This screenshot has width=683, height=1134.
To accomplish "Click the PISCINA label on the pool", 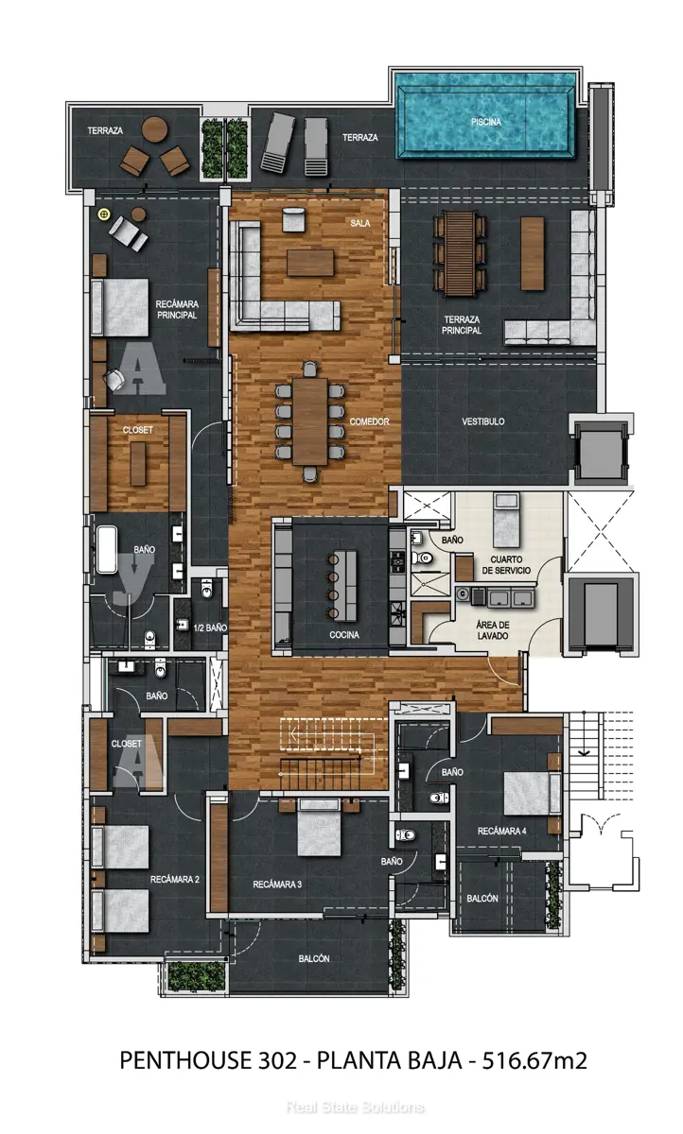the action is pos(485,122).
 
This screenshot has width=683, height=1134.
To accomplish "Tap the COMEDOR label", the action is pos(369,421).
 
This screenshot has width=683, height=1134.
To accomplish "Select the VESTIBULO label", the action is pos(482,421).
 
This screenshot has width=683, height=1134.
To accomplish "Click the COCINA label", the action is pos(344,635).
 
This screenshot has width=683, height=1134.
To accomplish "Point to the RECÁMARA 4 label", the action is pos(501,831).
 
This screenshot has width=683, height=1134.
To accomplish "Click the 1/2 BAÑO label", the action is pos(210,627).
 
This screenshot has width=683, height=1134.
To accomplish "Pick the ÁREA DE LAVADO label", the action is pos(493,630).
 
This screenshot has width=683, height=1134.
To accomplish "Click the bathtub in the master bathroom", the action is pos(107,550).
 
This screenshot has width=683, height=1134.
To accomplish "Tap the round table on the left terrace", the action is pos(154,129).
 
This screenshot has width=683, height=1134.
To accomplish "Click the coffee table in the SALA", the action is pos(310,263).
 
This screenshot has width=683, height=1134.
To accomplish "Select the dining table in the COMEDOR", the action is pos(310,421).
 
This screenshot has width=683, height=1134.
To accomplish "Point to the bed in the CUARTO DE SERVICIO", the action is pos(506,521).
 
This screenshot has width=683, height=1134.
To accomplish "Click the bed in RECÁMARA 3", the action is pos(319,827).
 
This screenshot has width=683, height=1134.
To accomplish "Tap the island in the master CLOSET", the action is pos(138,464).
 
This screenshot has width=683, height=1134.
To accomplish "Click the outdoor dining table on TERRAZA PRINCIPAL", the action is pos(460,253).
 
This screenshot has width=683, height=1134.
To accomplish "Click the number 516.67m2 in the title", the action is pos(534,1060).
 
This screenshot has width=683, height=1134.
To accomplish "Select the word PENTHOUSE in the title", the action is pos(185,1060).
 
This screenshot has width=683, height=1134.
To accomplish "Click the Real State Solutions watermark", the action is pos(355,1108).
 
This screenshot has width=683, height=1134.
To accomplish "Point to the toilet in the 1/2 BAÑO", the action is pos(207,588).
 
